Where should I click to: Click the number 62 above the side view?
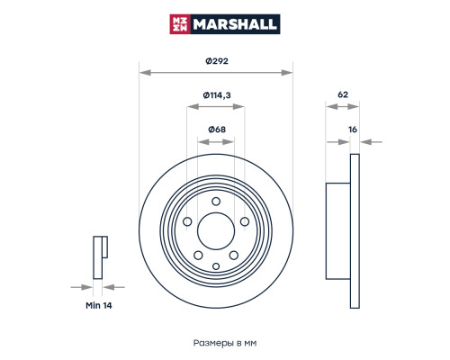[x=342, y=94]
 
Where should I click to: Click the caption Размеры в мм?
[x=225, y=343]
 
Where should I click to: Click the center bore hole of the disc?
[x=215, y=232]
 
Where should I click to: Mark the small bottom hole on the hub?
[x=215, y=265]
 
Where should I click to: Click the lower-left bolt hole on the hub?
[x=198, y=256]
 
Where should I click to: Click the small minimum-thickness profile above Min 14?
[x=100, y=256]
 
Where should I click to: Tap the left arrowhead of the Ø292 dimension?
[x=142, y=70]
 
